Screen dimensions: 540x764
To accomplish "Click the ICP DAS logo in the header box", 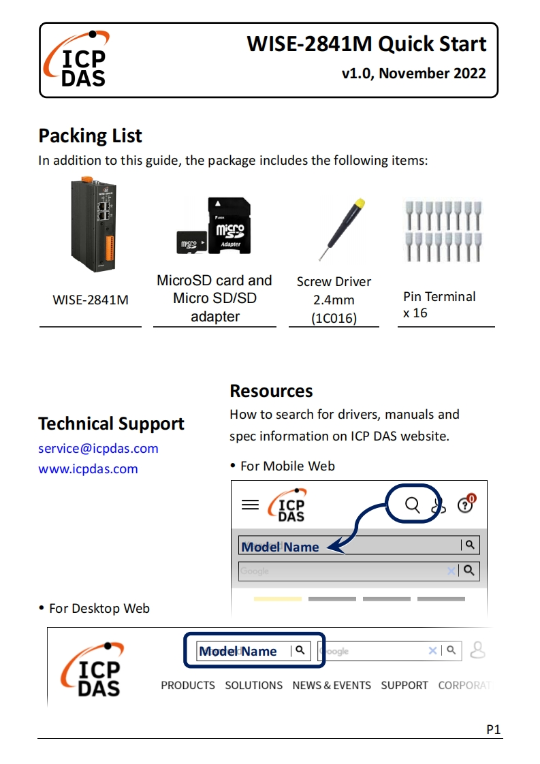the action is pos(76,60).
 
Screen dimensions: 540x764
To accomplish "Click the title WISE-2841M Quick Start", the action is pos(366,44).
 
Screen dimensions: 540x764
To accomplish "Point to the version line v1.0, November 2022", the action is pos(414,74).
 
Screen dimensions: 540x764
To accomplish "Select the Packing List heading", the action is pos(90,136).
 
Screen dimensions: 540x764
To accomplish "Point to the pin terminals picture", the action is pos(443,231).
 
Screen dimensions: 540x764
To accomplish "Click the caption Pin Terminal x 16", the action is pos(439,304).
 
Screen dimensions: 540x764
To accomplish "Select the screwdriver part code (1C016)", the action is pos(334,318).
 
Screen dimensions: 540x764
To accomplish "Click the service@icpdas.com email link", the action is pos(98,448).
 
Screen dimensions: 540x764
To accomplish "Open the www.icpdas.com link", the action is pos(88,468).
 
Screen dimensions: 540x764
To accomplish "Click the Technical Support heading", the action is pos(111,424).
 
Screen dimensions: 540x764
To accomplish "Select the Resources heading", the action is pos(271,391).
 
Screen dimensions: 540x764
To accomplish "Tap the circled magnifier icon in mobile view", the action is pos(413,505).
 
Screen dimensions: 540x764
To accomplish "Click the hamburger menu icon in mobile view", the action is pos(251,505).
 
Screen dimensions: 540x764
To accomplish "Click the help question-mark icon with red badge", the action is pos(466,505).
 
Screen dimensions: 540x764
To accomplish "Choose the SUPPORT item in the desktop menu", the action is pos(404,685).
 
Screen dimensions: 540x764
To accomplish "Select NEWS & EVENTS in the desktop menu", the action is pos(332,685).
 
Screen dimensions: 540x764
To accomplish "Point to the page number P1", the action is pos(494,730).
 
